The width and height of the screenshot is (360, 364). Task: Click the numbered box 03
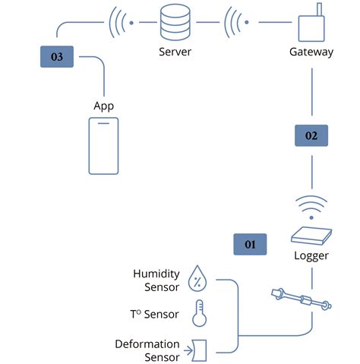(57, 57)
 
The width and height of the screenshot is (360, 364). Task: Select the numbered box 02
(311, 136)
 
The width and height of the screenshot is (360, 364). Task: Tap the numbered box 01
(251, 244)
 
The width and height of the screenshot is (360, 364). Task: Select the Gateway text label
(311, 52)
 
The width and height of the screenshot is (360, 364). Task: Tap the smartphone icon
(104, 146)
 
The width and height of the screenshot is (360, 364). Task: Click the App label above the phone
(104, 106)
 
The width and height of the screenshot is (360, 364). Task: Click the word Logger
(311, 255)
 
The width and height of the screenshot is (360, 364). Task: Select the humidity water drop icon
(197, 279)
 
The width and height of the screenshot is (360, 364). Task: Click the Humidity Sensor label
(156, 280)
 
